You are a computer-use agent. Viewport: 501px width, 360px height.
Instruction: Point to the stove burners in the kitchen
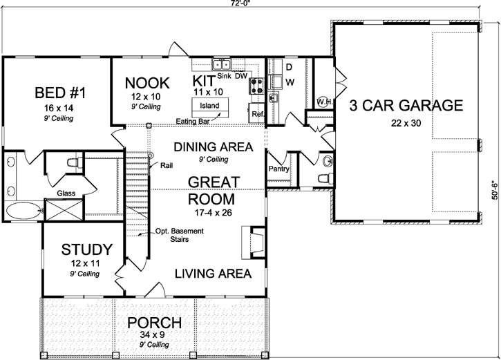257,86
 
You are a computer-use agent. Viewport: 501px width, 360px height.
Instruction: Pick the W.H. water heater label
324,102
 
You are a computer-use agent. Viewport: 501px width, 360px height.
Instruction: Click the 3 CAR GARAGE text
405,106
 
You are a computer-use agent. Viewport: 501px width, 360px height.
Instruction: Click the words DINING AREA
212,147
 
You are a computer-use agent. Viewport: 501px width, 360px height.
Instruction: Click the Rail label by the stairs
167,166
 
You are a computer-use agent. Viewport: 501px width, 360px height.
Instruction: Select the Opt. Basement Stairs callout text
178,236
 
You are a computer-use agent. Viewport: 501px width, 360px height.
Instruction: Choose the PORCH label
155,323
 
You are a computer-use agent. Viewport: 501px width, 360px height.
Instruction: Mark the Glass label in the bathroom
66,193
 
